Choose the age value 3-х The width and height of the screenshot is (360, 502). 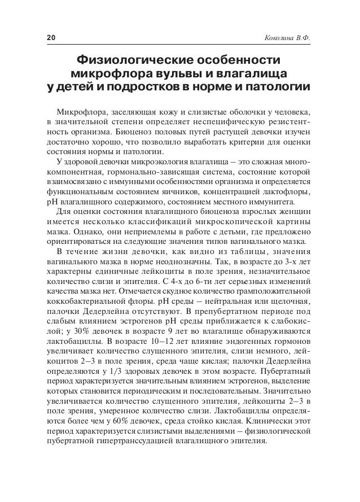293,263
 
